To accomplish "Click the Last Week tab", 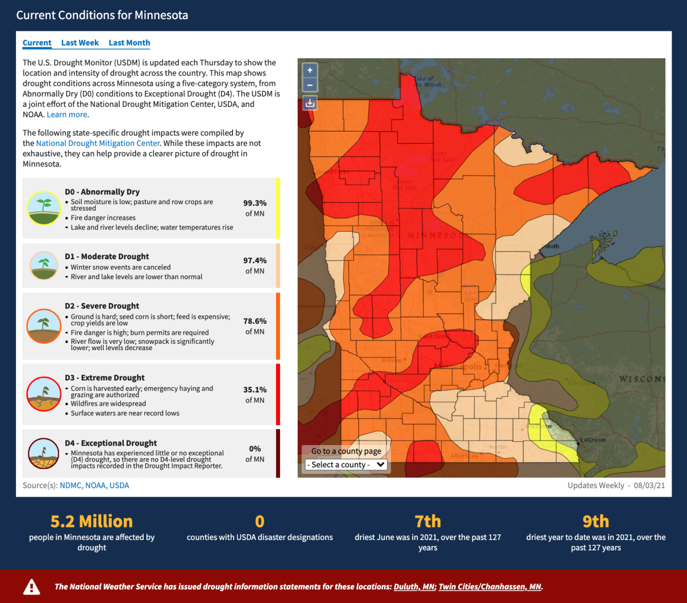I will [80, 43].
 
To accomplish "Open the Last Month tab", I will [129, 43].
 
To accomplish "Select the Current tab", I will [37, 43].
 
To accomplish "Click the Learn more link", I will [67, 114].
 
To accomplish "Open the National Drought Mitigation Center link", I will [98, 143].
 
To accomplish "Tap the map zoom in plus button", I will [310, 70].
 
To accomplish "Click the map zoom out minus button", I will [310, 85].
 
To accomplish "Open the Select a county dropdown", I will [346, 465].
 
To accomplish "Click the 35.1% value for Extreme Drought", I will [255, 390].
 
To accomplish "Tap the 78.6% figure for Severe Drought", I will [255, 321].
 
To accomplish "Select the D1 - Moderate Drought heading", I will [107, 256].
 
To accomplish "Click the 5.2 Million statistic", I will [92, 521].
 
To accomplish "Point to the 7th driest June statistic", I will [428, 521].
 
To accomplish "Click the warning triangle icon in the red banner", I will [31, 586].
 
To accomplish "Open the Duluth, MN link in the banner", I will [414, 586].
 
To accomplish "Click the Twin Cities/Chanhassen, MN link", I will [489, 586].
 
